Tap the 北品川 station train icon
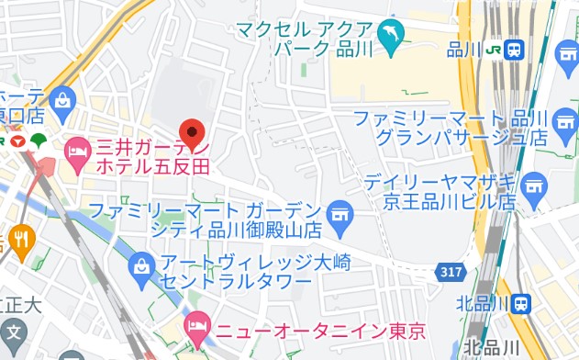click(521, 303)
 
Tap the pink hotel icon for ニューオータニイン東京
click(196, 325)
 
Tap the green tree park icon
click(39, 141)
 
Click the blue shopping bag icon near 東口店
click(62, 98)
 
